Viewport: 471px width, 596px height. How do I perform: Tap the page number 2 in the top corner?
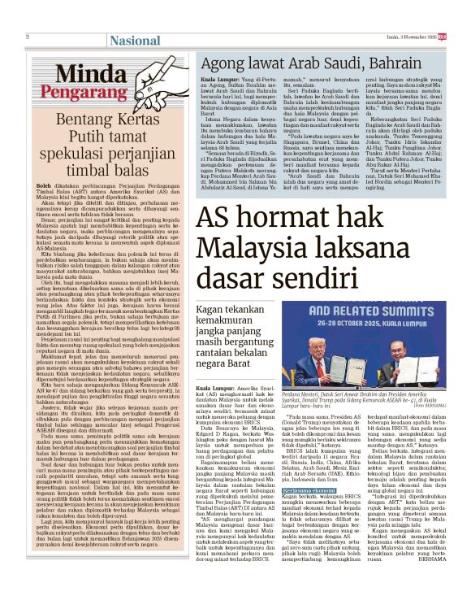tap(28, 37)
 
